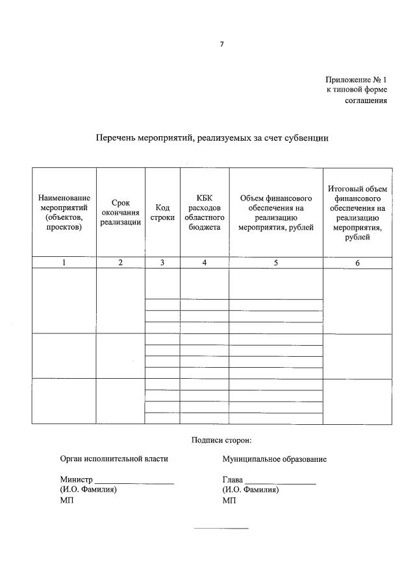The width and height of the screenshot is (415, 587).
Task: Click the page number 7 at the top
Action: (x=221, y=43)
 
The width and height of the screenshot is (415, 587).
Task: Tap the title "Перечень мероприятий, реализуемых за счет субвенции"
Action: (x=212, y=138)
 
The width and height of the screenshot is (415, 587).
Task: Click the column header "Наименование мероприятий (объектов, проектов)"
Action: (x=64, y=213)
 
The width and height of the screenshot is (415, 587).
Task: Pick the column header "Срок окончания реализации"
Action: (x=121, y=213)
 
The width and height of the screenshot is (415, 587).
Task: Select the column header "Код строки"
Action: (x=162, y=213)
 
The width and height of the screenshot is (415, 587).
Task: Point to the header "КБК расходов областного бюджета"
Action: (x=205, y=213)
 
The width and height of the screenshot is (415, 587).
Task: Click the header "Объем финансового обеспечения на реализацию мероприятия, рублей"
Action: (x=276, y=213)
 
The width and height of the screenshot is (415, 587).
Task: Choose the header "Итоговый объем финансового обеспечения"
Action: (x=357, y=213)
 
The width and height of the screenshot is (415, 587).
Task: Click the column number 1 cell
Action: (x=64, y=263)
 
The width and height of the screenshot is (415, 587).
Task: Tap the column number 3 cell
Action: (x=162, y=263)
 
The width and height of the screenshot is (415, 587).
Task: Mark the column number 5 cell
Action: (x=276, y=263)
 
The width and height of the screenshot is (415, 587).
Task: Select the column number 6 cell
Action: (x=357, y=263)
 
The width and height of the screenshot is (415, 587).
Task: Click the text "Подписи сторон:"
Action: (x=221, y=440)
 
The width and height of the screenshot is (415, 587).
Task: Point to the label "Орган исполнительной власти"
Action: (x=114, y=459)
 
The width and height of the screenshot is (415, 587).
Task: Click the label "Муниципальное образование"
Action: (x=274, y=459)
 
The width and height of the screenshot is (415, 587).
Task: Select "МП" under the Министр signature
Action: (x=66, y=501)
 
